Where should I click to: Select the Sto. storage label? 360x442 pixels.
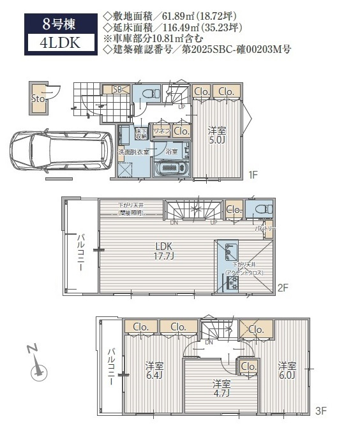[37, 99]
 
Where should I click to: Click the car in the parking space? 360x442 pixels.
[57, 152]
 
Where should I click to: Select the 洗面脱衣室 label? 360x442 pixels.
[133, 152]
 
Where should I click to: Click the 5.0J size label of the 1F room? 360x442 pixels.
[218, 139]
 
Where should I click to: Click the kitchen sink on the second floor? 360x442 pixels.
[229, 253]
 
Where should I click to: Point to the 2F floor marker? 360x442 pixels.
[284, 288]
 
